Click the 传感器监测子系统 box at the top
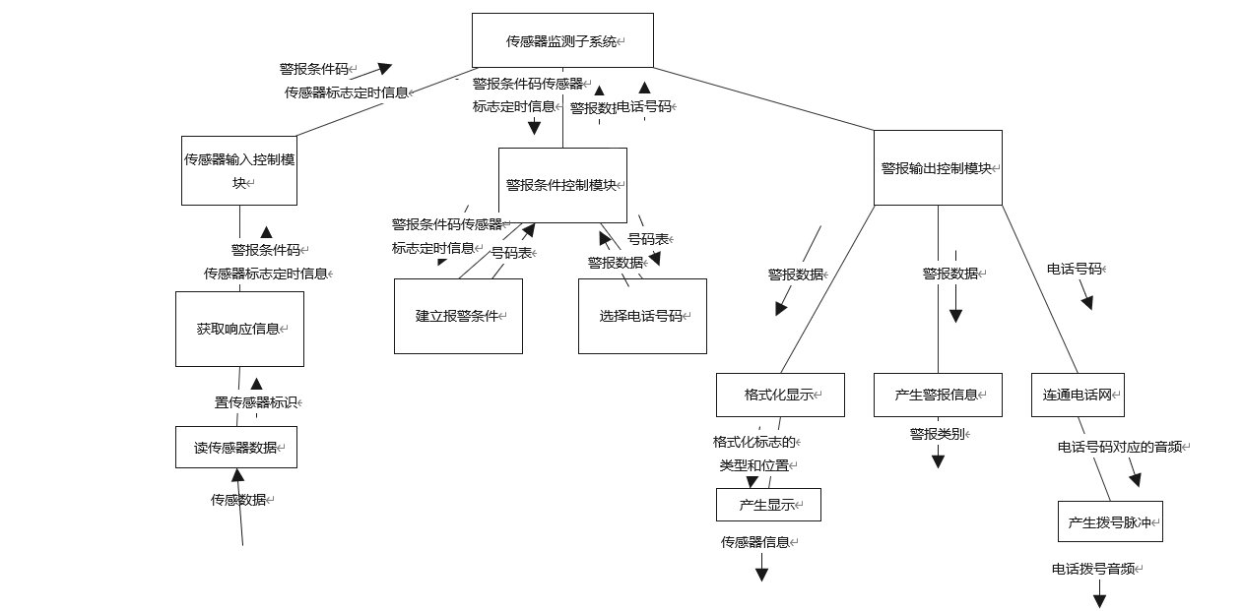coord(562,40)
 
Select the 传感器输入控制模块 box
coord(238,170)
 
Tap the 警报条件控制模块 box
coord(562,185)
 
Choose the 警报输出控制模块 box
coord(938,167)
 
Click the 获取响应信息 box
coord(239,329)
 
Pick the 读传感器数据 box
coord(236,447)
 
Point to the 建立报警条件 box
coord(458,316)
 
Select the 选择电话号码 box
coord(642,316)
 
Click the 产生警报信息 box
coord(938,395)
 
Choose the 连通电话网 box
coord(1078,395)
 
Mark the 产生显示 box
coord(768,505)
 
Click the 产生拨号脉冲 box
coord(1110,521)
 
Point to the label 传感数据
coord(239,500)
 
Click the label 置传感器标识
coord(255,402)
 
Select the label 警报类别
coord(938,433)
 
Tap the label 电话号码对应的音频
coord(1122,447)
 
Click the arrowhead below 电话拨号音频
coord(1099,599)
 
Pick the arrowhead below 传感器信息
coord(761,574)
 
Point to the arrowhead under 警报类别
coord(938,459)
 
